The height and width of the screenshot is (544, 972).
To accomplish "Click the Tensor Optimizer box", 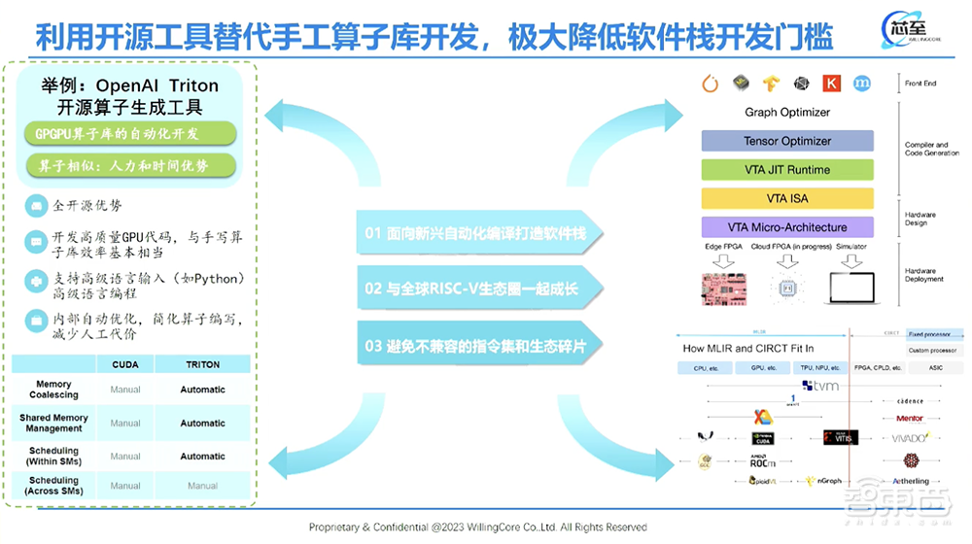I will [787, 141].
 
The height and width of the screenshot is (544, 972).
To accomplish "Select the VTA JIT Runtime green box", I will [787, 170].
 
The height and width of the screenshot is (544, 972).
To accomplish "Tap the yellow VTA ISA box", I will [787, 198].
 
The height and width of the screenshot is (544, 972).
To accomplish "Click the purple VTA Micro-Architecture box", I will [787, 227].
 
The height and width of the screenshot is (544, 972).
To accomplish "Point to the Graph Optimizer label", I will [787, 113].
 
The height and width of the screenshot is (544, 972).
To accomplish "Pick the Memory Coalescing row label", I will [54, 390].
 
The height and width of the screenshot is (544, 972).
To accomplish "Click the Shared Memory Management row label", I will [54, 423].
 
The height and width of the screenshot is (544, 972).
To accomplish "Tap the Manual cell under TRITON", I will [202, 486].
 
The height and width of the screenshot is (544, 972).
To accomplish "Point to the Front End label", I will [920, 84].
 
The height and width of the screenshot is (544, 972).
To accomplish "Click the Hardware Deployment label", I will [924, 275].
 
